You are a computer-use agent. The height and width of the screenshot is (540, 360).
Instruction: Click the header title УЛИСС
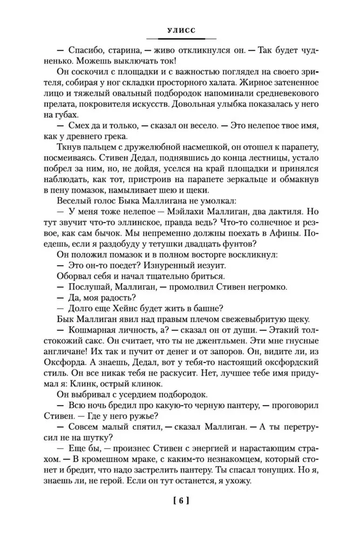(x=179, y=31)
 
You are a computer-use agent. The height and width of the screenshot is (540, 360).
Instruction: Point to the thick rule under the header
(x=179, y=39)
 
